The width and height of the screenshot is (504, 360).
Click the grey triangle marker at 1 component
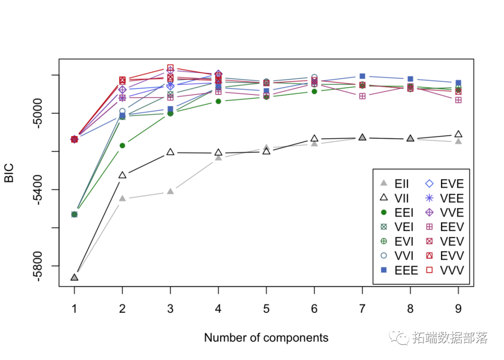(x=74, y=277)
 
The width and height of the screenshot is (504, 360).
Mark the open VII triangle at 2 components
(x=122, y=175)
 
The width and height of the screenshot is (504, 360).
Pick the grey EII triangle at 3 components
(x=170, y=191)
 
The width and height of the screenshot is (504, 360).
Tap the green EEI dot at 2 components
(x=122, y=145)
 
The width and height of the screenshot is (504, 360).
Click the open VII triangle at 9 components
(x=458, y=134)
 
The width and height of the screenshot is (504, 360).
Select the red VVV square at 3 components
(x=170, y=68)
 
